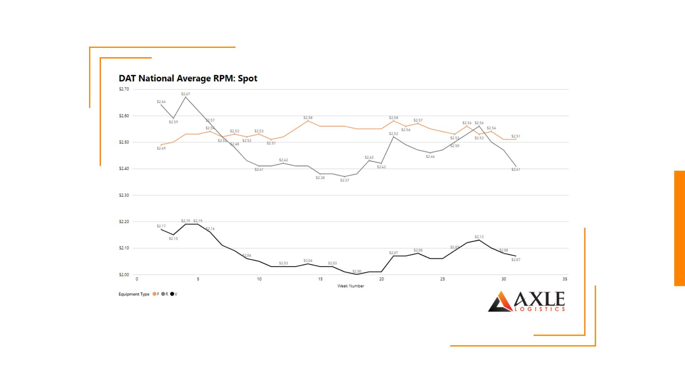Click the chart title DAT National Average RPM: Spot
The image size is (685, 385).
pos(188,78)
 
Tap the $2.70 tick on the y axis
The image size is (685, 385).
pos(124,89)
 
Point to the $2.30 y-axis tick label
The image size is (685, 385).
pos(124,195)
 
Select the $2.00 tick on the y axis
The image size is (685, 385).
pos(124,275)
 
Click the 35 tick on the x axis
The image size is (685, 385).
pos(565,279)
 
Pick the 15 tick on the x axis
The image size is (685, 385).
pos(320,279)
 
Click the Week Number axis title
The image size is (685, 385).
pos(350,286)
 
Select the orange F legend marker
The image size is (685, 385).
pos(154,294)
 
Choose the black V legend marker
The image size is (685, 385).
pos(172,294)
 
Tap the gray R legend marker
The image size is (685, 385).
pos(163,294)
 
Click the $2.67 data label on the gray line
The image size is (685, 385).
pos(186,94)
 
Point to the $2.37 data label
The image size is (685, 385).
pos(344,180)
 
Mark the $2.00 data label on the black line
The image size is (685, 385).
pos(357,271)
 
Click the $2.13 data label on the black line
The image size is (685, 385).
pos(479,237)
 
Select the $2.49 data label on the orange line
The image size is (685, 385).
pos(161,148)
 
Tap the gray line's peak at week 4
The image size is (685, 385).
pos(186,97)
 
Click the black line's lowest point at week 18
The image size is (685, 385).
pos(357,274)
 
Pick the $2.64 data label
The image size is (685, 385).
pos(161,102)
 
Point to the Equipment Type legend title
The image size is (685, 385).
pos(134,294)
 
